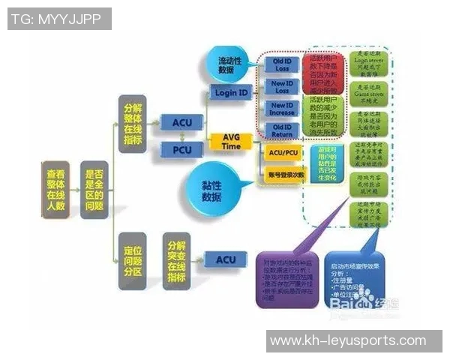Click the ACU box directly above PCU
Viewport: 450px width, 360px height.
182,122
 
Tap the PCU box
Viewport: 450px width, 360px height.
182,151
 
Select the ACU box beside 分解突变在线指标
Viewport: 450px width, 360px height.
226,260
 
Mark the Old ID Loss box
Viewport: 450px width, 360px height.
281,64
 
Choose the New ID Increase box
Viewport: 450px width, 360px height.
282,109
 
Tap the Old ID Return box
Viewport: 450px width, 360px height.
282,131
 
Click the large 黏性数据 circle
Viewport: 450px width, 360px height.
211,191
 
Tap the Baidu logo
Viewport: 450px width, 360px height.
352,302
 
